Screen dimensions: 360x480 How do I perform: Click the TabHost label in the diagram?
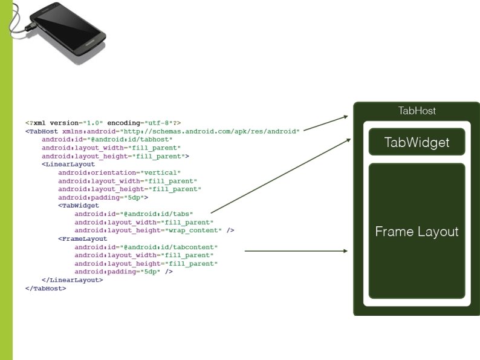tap(417, 111)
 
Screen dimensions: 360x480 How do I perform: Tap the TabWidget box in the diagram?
tap(417, 143)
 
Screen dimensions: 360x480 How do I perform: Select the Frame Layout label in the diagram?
tap(417, 232)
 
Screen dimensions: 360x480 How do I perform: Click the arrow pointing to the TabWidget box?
tap(281, 175)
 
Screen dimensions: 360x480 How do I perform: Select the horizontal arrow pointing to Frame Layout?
tap(296, 250)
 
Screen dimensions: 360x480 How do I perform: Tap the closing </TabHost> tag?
tap(46, 289)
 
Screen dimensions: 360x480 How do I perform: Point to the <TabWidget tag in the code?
tap(79, 205)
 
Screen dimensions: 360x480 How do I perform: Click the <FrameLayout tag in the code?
tap(82, 238)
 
